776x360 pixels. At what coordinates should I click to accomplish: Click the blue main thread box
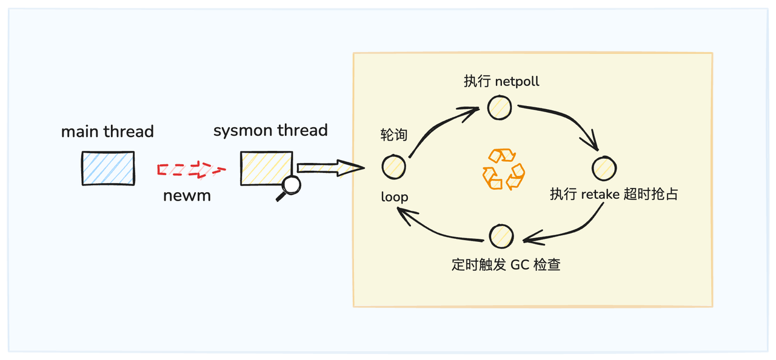(108, 168)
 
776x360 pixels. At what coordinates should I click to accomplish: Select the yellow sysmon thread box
(266, 167)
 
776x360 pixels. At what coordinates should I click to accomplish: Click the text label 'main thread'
(107, 132)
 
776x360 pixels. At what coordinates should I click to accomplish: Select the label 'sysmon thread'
(270, 130)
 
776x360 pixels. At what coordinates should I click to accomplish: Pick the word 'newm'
(187, 196)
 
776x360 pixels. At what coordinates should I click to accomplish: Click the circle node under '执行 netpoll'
(500, 107)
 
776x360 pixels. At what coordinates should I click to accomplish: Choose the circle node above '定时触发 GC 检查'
(501, 236)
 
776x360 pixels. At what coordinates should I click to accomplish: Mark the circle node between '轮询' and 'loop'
(393, 166)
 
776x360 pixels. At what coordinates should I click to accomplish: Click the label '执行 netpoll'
(501, 81)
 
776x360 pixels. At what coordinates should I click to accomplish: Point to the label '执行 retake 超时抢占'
(614, 195)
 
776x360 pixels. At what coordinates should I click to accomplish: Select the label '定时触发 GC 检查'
(506, 265)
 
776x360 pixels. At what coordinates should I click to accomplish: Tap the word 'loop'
(395, 197)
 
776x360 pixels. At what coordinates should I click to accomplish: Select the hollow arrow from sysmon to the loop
(329, 167)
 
